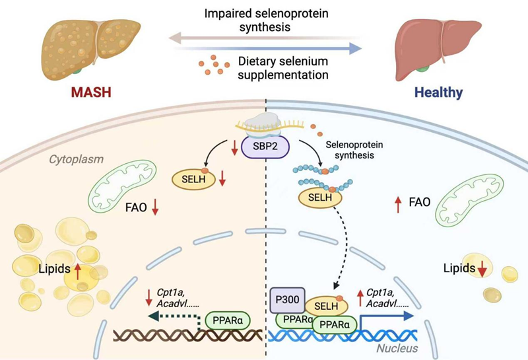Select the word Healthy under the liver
tap(439, 92)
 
